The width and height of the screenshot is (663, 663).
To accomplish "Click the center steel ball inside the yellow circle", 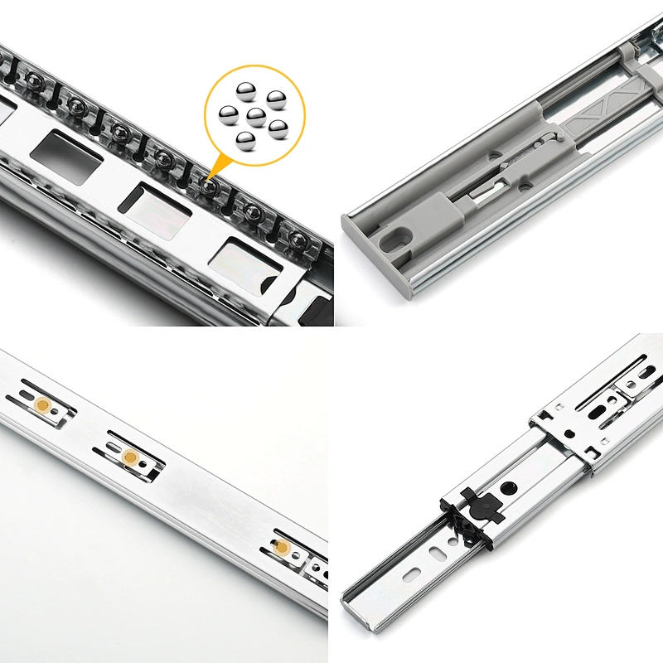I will [256, 116].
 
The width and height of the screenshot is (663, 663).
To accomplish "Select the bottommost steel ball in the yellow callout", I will [244, 142].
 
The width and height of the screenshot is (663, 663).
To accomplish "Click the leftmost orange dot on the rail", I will [41, 404].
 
